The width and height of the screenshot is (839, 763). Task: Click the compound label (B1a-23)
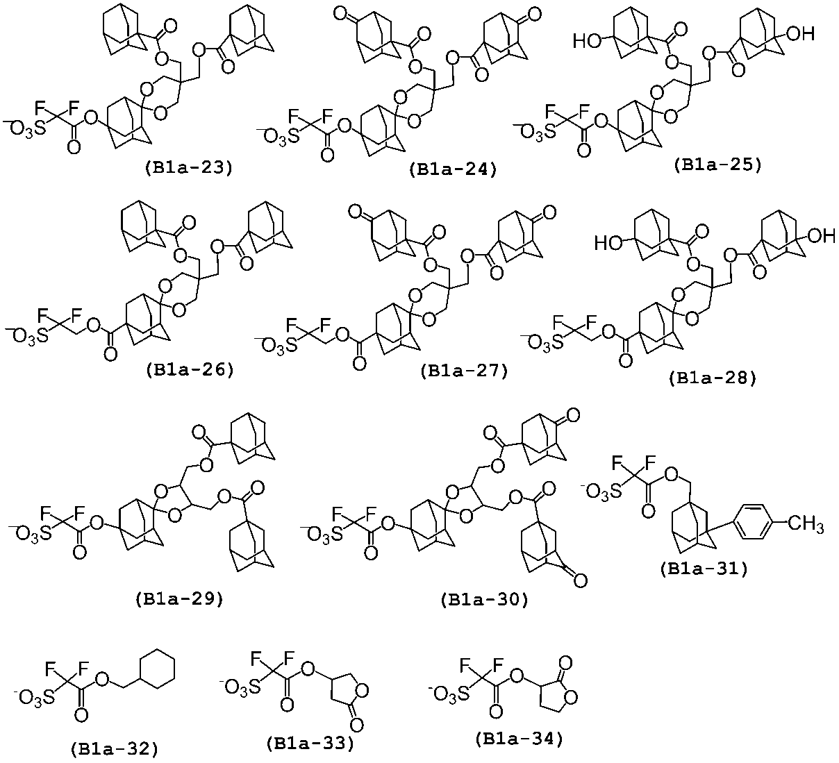click(188, 168)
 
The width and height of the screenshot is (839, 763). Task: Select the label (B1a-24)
click(453, 169)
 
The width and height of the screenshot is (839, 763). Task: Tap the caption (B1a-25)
click(717, 165)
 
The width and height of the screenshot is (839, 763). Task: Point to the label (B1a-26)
click(190, 370)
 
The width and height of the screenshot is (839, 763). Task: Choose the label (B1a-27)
click(464, 371)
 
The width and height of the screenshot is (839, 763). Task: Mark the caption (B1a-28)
click(713, 378)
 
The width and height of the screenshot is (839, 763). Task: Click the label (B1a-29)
click(179, 599)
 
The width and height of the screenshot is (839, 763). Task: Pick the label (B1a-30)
click(484, 600)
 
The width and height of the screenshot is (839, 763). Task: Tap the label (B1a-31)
click(704, 569)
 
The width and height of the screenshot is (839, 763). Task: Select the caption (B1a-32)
click(115, 749)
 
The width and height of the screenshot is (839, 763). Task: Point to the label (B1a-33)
click(310, 743)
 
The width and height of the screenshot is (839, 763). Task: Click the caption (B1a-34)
click(519, 739)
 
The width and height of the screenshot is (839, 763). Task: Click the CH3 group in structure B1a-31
click(806, 524)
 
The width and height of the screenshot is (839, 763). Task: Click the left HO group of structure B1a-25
click(587, 42)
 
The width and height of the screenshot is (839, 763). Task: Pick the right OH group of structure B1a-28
click(822, 237)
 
